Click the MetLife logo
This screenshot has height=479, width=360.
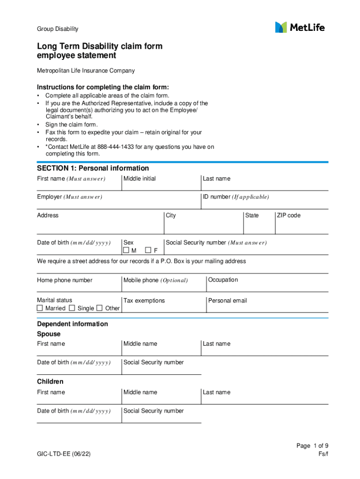(x=300, y=27)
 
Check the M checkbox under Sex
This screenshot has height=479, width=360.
(x=126, y=250)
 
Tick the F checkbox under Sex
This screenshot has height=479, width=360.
(x=148, y=250)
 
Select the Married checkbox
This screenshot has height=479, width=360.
(x=40, y=308)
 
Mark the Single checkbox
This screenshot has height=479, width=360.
(x=72, y=308)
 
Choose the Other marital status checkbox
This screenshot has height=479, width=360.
(x=100, y=308)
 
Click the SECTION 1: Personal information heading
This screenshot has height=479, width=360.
(x=93, y=168)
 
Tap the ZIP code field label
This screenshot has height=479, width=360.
(x=288, y=216)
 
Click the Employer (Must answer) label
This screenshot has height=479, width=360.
(x=70, y=197)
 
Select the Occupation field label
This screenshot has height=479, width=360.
(x=223, y=280)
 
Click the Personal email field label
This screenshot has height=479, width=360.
(x=228, y=301)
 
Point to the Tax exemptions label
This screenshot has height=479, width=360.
(x=144, y=301)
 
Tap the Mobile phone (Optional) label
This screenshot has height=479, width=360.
(x=155, y=280)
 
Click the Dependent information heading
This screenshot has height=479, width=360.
(x=72, y=324)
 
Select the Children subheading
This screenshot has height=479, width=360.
(x=50, y=382)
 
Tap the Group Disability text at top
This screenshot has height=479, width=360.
(x=58, y=29)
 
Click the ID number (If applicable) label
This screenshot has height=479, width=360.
(x=236, y=197)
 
